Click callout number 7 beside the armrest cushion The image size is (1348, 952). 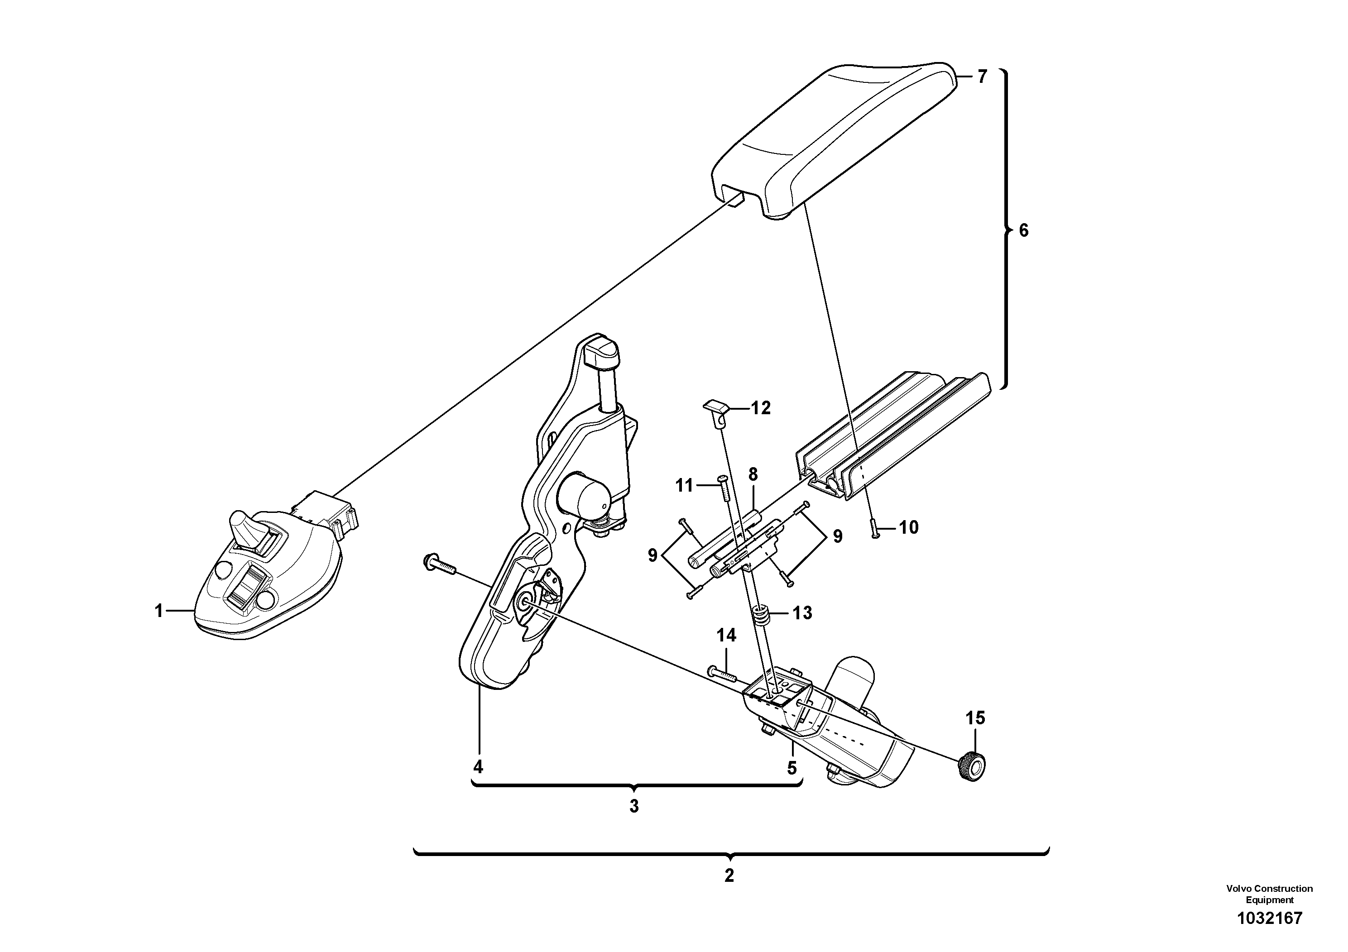tap(982, 77)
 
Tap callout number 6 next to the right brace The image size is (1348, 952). tap(1023, 231)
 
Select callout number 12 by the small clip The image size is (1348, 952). tap(761, 408)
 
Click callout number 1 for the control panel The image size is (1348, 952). tap(158, 612)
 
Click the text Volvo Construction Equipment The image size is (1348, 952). tap(1269, 894)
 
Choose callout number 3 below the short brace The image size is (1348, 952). tap(633, 806)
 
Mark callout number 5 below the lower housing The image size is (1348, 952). tap(792, 768)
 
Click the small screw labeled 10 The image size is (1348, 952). tap(874, 528)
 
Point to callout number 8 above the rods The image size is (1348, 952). tap(753, 474)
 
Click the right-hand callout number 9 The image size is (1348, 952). tap(837, 536)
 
